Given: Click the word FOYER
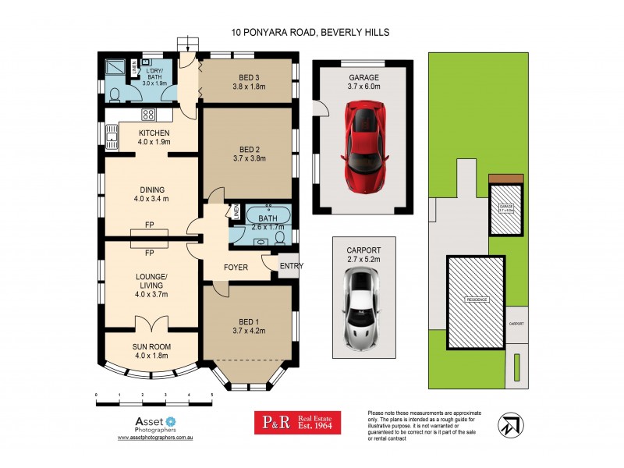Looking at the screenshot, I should point(236,268).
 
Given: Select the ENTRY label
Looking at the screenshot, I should point(292,266).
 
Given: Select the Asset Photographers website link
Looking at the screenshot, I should point(154,439).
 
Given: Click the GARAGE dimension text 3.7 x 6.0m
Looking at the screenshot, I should point(364,88).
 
